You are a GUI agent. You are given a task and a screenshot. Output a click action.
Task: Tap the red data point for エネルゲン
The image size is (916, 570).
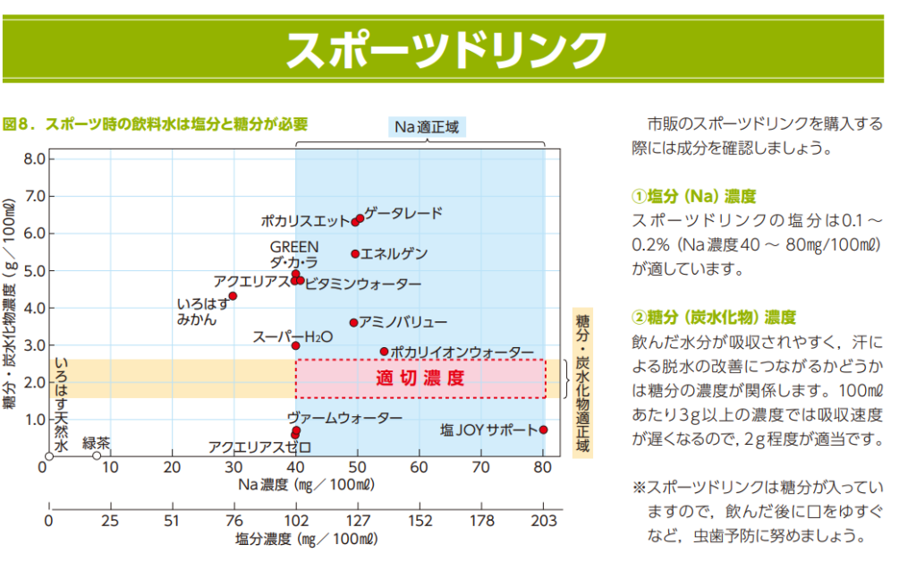(x=355, y=254)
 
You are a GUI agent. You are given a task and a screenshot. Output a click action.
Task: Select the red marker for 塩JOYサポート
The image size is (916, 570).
(x=543, y=430)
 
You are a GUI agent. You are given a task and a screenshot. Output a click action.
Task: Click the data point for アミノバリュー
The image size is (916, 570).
(x=353, y=322)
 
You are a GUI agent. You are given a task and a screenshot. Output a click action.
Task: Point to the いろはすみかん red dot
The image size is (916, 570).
(x=233, y=296)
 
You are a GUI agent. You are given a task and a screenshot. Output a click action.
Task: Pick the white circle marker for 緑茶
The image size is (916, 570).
(x=97, y=455)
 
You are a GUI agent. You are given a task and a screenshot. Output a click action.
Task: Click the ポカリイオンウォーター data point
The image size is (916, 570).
(x=385, y=352)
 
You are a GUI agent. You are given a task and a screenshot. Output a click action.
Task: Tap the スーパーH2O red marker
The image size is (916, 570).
(x=296, y=345)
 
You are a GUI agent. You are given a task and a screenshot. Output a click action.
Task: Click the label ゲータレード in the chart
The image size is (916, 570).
(x=403, y=213)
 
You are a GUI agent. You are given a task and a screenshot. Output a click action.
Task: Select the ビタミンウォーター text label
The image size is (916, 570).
(x=362, y=285)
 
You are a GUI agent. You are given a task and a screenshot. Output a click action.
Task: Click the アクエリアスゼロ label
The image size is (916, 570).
(x=259, y=446)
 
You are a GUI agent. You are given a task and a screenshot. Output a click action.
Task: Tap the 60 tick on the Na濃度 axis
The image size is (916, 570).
(x=419, y=467)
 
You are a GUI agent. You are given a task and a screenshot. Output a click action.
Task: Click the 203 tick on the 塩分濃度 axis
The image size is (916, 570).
(x=543, y=522)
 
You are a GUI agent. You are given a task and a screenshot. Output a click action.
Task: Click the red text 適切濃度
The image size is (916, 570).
(x=420, y=378)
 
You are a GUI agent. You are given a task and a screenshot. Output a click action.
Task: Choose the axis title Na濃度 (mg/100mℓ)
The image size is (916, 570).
(x=305, y=485)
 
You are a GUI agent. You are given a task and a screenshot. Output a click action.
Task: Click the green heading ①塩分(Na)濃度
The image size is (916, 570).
(x=694, y=196)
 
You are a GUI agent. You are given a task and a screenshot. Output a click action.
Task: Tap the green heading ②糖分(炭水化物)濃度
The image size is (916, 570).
(x=714, y=317)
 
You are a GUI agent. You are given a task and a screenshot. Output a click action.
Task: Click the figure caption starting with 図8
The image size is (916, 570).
(x=156, y=123)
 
